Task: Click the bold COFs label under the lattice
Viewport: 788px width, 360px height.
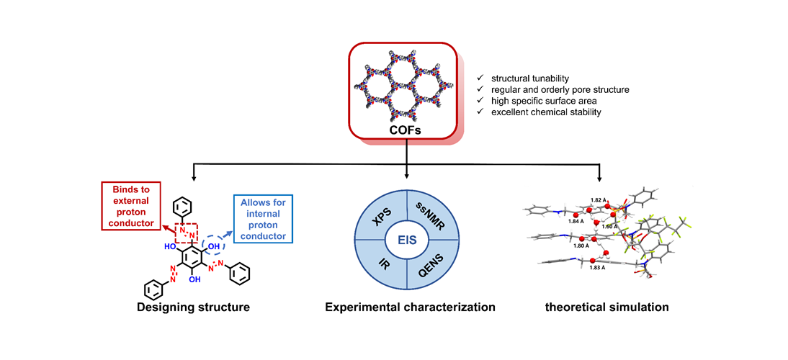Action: point(406,131)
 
